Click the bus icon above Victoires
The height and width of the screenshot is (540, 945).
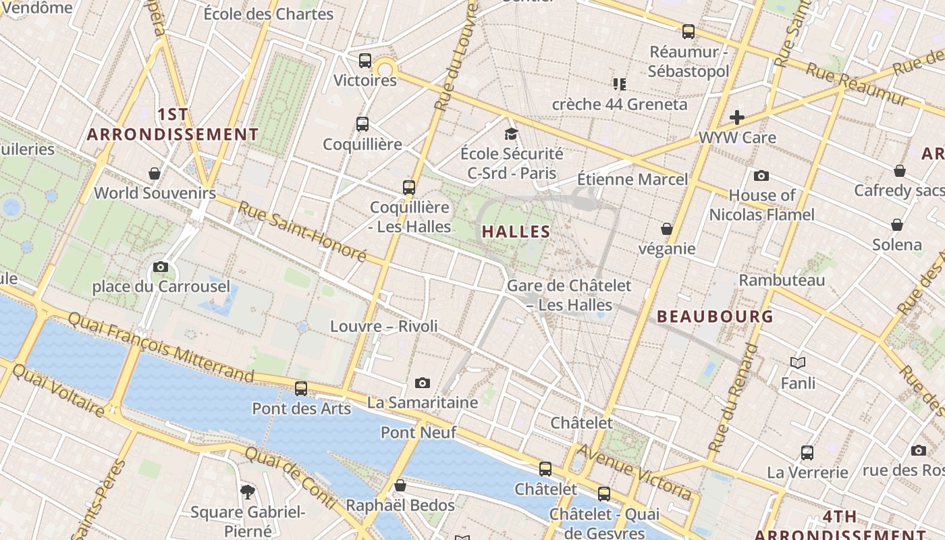pos(365,61)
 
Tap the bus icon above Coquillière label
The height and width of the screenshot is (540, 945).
pos(362,124)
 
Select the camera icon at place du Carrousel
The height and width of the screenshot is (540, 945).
pos(161,267)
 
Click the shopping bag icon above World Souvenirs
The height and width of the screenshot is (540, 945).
pos(155,173)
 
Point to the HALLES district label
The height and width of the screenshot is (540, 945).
pos(516,232)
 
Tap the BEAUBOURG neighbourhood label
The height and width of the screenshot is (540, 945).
pos(715,316)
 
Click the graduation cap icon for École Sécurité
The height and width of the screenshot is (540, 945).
pos(511,134)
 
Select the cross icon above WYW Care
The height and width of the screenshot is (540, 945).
pos(736,117)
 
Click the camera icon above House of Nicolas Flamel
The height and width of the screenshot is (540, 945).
pos(761,175)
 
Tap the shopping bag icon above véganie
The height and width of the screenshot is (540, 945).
pos(667,229)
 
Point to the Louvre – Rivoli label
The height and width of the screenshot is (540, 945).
pos(383,326)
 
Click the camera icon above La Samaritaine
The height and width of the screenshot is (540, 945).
pos(423,383)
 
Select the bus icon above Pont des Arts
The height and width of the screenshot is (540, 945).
pos(301,389)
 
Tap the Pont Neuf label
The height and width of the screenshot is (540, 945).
pos(418,432)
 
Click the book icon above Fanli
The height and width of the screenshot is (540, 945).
pos(798,363)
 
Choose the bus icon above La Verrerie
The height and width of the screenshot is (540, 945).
pos(807,452)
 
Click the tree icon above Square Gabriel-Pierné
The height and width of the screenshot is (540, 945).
pos(248,491)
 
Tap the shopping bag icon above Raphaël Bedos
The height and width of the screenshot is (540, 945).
pos(400,485)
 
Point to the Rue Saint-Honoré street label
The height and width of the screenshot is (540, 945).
pos(302,233)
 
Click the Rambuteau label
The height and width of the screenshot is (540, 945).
pos(782,279)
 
